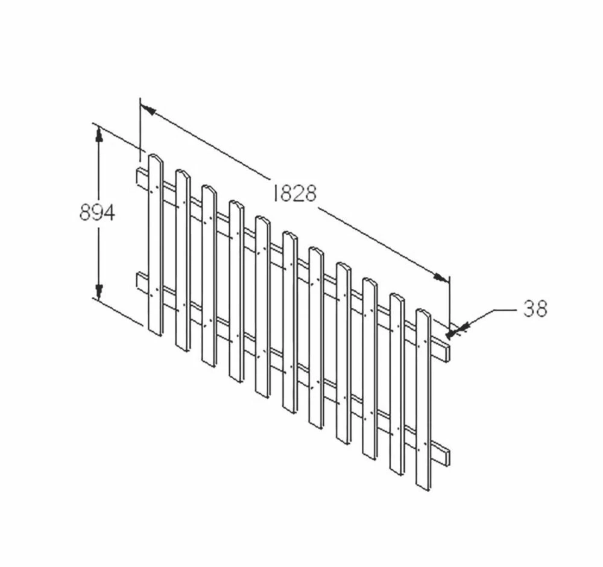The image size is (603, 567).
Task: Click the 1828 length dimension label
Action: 295,193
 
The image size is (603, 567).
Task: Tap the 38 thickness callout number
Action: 535,308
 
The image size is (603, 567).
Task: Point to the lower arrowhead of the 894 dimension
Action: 99,291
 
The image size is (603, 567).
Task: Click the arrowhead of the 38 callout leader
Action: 454,332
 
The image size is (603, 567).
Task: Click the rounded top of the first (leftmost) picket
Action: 156,157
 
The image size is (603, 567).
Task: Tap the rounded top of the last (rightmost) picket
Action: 423,312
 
